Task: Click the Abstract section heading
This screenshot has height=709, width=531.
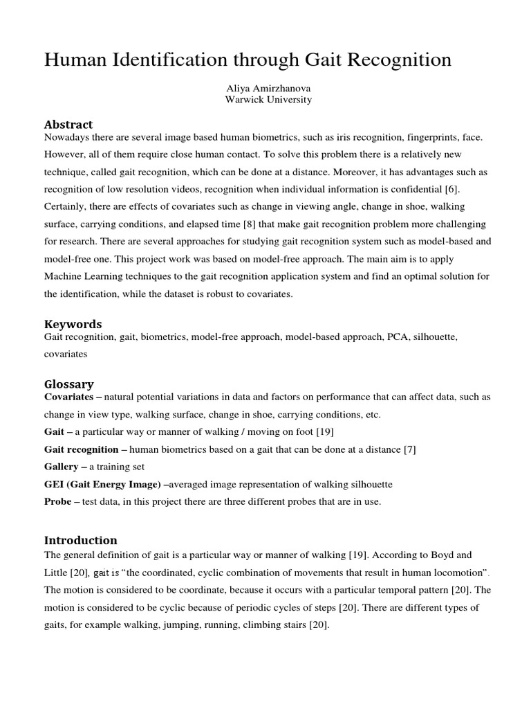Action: [x=68, y=125]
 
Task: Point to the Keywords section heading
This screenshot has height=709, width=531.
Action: [x=73, y=324]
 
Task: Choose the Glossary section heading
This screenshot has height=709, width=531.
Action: [x=69, y=384]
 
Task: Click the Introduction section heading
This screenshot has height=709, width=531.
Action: [x=81, y=540]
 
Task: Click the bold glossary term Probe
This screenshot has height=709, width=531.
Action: [x=58, y=501]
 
